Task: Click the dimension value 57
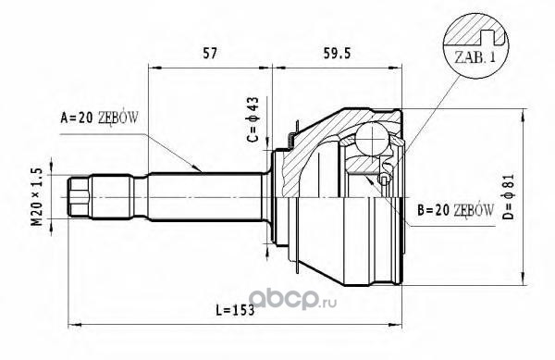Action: [x=209, y=53]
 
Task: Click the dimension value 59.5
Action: [x=337, y=53]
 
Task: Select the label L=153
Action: [x=235, y=310]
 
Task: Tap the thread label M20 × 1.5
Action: [x=37, y=197]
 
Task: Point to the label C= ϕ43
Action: [x=253, y=119]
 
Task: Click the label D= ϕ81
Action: [x=508, y=196]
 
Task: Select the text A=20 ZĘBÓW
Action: [x=100, y=118]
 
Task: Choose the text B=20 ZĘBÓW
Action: [x=455, y=211]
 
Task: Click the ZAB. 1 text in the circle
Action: [x=475, y=57]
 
